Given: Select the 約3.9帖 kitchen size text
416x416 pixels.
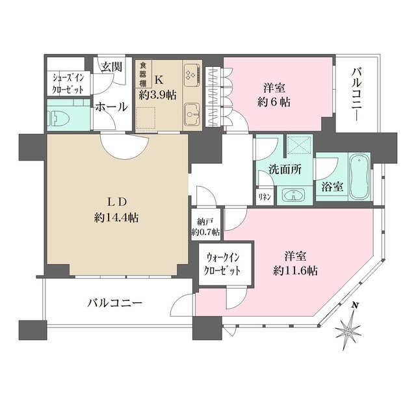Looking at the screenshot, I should click(158, 94).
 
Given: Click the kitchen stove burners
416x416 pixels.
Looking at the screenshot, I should click(191, 75).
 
